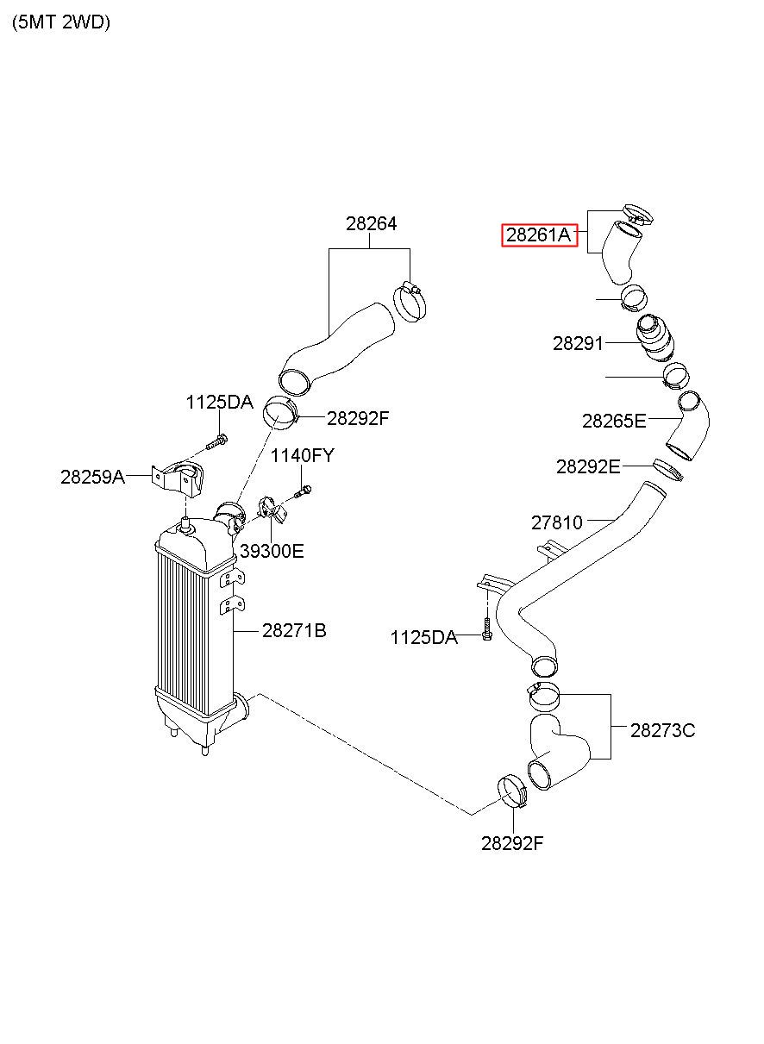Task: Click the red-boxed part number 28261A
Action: click(538, 234)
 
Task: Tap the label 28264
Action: click(371, 224)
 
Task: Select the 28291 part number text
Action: click(578, 343)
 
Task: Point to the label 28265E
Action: click(614, 421)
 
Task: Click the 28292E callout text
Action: click(588, 466)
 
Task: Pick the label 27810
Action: click(556, 522)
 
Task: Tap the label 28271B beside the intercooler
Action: click(294, 630)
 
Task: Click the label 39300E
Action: click(272, 551)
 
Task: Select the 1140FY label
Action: click(303, 455)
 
